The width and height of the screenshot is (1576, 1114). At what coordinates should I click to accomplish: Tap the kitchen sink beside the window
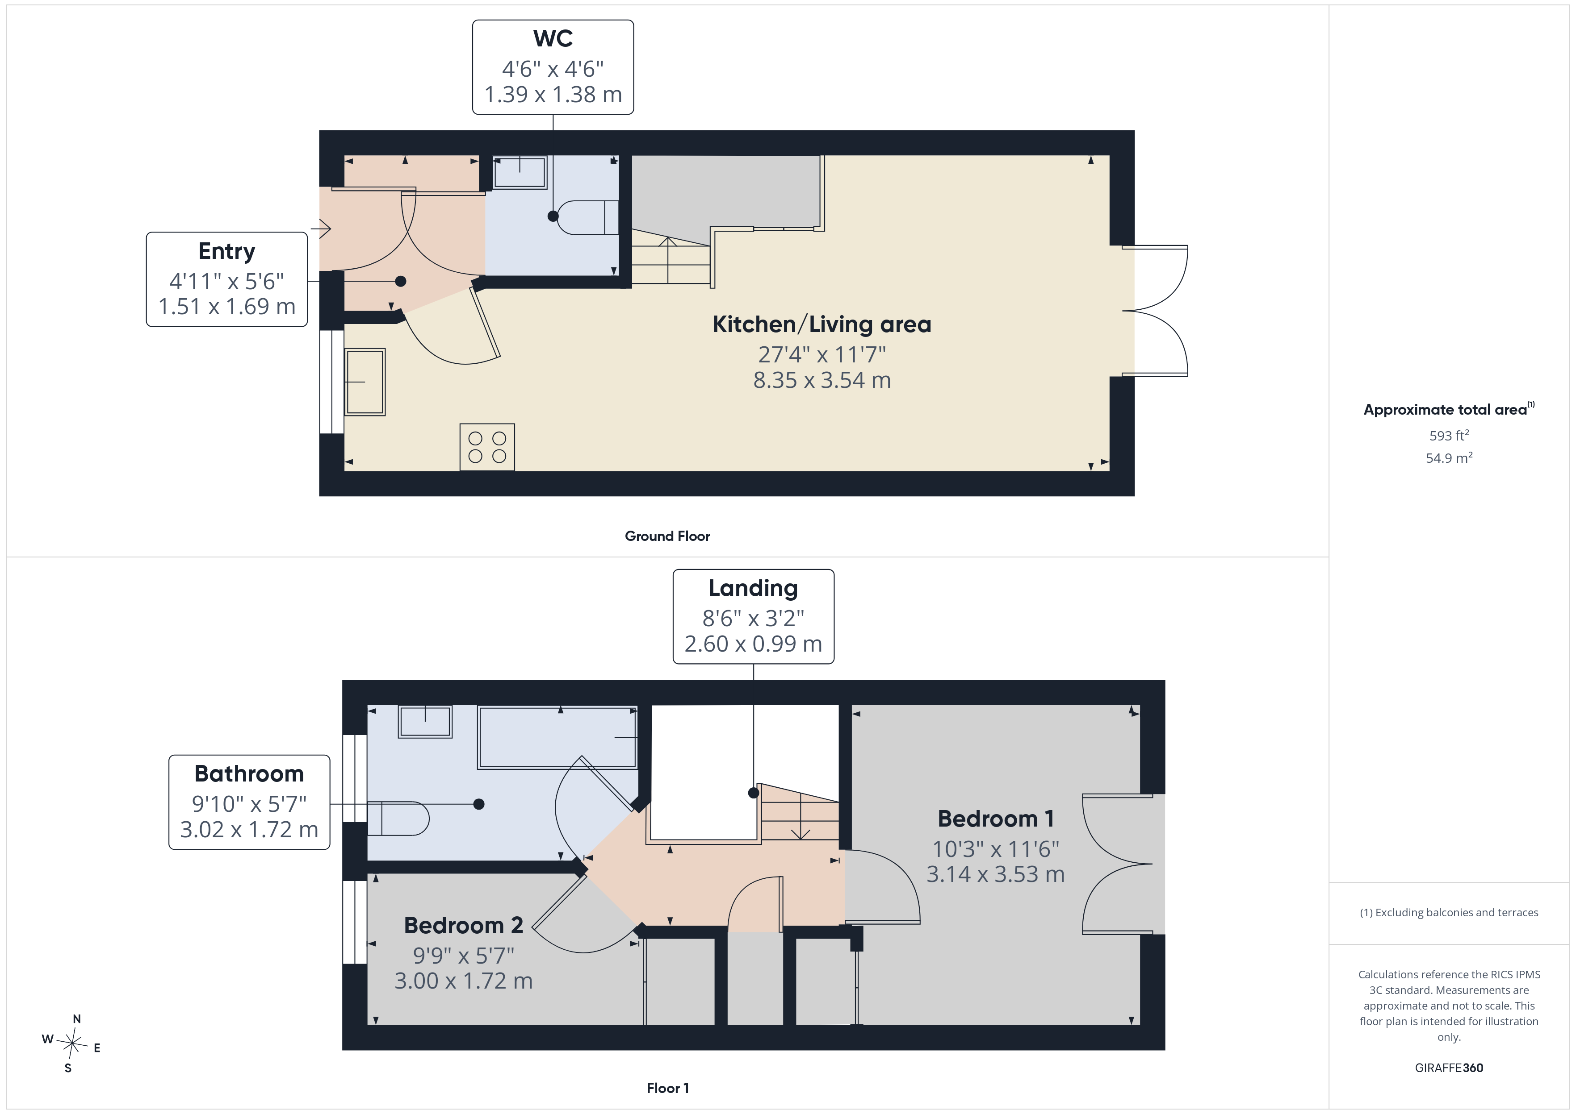click(x=365, y=382)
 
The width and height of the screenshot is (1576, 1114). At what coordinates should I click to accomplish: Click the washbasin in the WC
click(x=520, y=172)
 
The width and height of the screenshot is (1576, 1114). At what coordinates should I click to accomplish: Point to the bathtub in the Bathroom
click(x=558, y=737)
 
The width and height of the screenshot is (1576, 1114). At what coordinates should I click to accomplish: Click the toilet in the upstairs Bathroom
click(x=398, y=819)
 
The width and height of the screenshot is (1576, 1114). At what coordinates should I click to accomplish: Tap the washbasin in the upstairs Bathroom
click(x=425, y=722)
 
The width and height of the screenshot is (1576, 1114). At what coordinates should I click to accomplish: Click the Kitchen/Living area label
click(x=822, y=324)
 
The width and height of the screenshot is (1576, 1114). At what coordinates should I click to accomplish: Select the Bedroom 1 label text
click(x=995, y=819)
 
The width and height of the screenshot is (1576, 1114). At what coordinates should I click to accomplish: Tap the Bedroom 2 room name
click(x=463, y=925)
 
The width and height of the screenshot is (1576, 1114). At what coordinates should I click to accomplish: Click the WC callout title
click(x=553, y=38)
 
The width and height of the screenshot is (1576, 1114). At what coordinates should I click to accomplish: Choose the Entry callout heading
click(x=226, y=252)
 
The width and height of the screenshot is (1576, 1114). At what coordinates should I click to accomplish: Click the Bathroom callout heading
click(x=249, y=774)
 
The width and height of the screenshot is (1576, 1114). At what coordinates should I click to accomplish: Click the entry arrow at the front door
click(x=321, y=228)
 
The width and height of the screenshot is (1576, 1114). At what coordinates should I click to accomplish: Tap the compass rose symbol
click(x=72, y=1043)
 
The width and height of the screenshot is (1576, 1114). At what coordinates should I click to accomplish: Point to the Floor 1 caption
click(x=667, y=1089)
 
